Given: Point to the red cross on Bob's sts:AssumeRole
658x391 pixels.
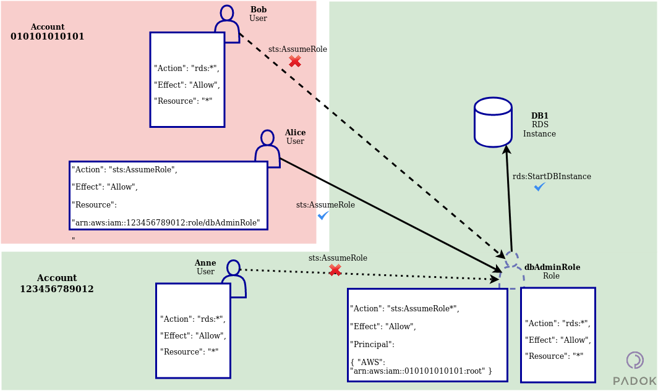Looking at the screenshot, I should (x=295, y=61).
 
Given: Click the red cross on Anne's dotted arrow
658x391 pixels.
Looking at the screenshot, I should (x=335, y=270).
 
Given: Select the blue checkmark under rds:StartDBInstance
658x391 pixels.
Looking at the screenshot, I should (x=540, y=187).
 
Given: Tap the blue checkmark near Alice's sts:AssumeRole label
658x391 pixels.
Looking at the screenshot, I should (x=323, y=215).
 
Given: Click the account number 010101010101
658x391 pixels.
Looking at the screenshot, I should (x=48, y=36).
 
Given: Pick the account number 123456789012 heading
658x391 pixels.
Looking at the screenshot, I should (x=57, y=288).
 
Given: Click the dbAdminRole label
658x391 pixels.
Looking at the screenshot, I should (x=552, y=267).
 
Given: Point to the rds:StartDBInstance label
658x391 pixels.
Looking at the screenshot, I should (x=552, y=176).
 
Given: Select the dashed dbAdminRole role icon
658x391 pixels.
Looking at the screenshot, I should (x=511, y=269).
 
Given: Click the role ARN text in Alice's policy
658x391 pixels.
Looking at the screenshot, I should (x=166, y=222).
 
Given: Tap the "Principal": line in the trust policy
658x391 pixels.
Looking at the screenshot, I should (x=372, y=344).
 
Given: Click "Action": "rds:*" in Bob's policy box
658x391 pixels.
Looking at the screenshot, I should (x=186, y=69).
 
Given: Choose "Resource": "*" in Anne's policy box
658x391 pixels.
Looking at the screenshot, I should (x=189, y=351).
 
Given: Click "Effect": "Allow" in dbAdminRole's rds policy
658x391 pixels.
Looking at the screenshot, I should (x=558, y=340).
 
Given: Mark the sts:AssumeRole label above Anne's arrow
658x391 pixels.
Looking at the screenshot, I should (x=338, y=258).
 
